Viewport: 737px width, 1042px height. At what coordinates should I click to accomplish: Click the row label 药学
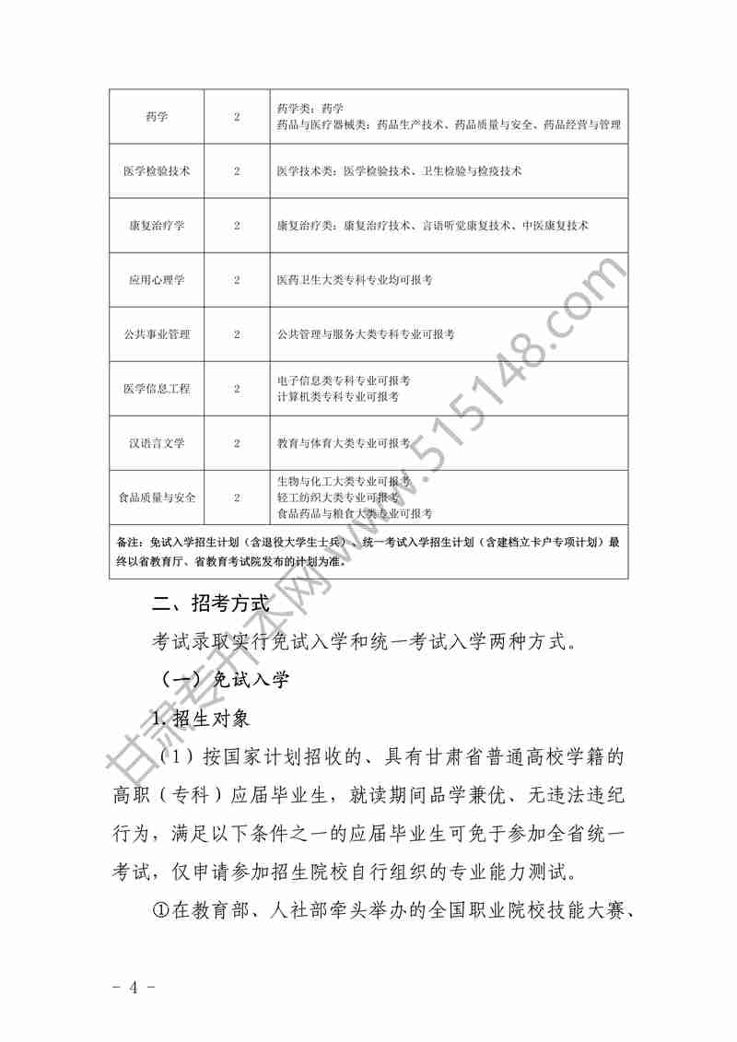(157, 117)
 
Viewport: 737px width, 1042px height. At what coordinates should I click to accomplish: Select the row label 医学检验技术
(157, 171)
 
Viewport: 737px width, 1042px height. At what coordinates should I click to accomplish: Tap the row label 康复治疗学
(157, 226)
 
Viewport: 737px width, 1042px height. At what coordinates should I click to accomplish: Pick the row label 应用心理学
(157, 280)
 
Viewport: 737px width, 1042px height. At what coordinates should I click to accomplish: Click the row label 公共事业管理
(157, 334)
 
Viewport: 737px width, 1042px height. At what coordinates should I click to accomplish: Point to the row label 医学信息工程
(157, 389)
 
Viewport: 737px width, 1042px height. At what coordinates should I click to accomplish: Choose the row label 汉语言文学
(157, 443)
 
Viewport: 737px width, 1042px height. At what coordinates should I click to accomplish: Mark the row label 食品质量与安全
(157, 498)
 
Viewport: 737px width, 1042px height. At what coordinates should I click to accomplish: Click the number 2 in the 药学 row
(237, 117)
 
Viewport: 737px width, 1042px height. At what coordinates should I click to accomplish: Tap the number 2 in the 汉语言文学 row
(237, 443)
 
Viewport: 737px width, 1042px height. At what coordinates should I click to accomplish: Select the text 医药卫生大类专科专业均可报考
(355, 280)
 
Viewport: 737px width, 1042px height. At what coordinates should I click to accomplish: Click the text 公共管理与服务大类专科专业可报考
(366, 334)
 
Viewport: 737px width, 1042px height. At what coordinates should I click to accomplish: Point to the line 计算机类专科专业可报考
(338, 396)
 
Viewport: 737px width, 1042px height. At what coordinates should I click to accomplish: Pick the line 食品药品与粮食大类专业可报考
(355, 513)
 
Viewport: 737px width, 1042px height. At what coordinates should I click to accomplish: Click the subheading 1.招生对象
(200, 718)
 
